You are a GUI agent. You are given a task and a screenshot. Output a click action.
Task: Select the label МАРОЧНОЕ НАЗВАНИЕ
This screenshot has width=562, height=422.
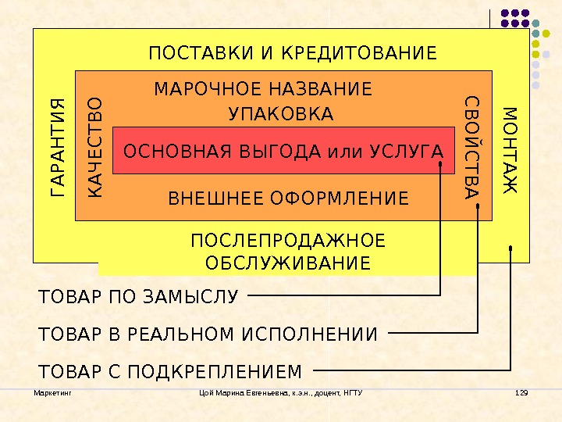[263, 88]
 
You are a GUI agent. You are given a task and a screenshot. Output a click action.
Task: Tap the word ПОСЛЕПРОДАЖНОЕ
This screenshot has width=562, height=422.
[288, 240]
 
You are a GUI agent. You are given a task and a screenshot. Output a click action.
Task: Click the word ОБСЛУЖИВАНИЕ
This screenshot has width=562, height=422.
[288, 262]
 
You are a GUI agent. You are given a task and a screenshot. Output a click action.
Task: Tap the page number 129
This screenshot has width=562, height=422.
[522, 392]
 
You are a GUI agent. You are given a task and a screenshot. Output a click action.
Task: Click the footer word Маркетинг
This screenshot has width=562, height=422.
[53, 392]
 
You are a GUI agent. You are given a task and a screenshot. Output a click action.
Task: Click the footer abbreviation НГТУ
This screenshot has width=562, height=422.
[353, 392]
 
